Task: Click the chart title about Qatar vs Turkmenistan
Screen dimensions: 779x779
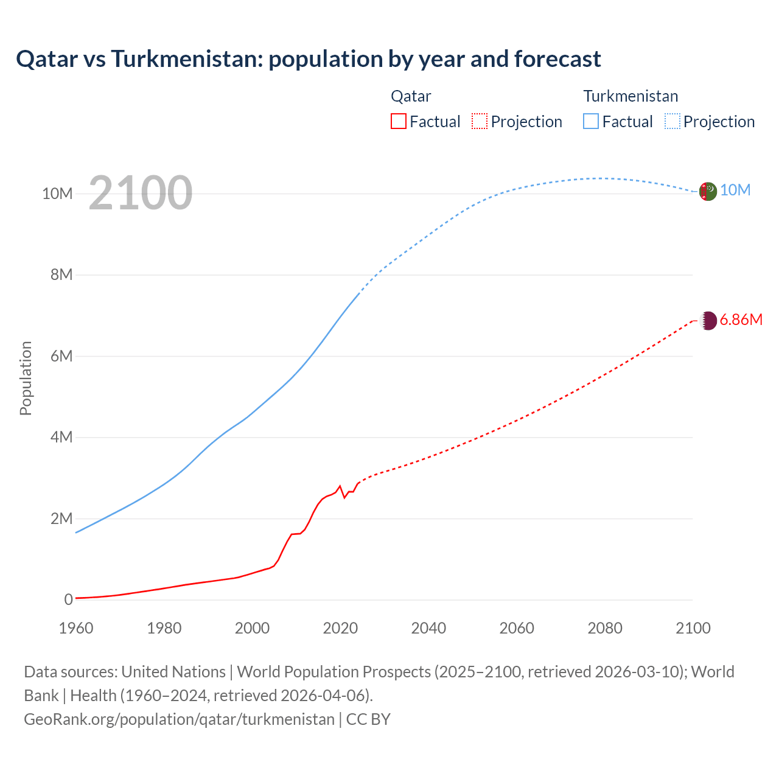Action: [x=308, y=59]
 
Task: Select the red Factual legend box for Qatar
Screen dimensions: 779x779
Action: [x=398, y=121]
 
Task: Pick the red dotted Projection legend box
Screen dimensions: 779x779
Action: [x=480, y=121]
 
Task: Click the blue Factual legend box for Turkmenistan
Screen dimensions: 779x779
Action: [x=591, y=121]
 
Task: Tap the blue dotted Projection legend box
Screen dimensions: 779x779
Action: [x=672, y=121]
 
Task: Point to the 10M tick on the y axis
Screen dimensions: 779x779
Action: [x=57, y=194]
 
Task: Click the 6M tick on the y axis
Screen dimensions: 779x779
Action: [x=61, y=356]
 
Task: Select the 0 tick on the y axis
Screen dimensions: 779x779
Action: [x=68, y=599]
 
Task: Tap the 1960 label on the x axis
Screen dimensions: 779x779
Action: [x=76, y=628]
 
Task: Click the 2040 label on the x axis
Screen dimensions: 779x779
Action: [x=428, y=628]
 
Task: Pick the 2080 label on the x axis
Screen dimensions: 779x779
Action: [x=605, y=628]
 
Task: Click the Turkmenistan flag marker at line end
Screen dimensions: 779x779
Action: [x=708, y=191]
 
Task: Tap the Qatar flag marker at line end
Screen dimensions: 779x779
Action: [x=708, y=320]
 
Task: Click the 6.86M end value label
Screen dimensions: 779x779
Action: [x=741, y=320]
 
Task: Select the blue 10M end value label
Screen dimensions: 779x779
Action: [x=735, y=190]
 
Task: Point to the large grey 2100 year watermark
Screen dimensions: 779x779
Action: [x=141, y=193]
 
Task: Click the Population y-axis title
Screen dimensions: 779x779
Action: [x=26, y=378]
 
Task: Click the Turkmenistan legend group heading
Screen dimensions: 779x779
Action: [x=631, y=96]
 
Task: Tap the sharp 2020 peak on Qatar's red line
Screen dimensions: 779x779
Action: [x=340, y=486]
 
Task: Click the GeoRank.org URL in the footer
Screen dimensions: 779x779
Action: [x=179, y=719]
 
